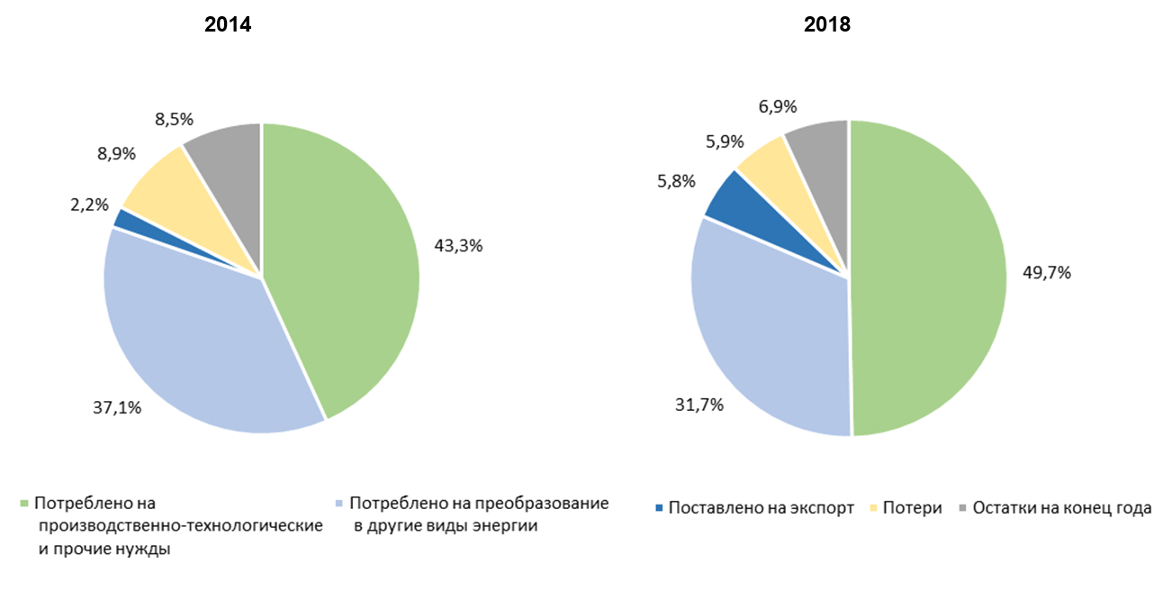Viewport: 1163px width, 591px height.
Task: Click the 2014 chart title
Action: tap(227, 25)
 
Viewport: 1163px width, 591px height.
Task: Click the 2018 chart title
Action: tap(826, 25)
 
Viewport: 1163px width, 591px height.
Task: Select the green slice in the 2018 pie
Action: tap(927, 279)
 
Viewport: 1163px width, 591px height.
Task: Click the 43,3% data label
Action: tap(458, 244)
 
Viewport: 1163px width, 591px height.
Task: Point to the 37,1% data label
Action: tap(118, 407)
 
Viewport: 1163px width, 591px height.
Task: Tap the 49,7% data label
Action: tap(1046, 272)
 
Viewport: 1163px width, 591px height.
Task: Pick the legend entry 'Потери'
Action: tap(910, 508)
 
